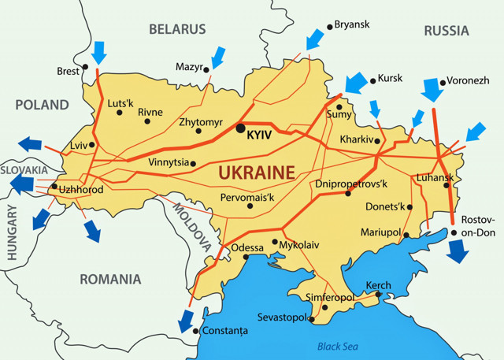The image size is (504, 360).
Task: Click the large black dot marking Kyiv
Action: tap(240, 128)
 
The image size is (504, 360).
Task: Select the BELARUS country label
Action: tap(177, 29)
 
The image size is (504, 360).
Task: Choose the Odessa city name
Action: tap(248, 247)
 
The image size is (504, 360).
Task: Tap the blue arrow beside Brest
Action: tap(99, 53)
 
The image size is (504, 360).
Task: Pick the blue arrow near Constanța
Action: tap(186, 320)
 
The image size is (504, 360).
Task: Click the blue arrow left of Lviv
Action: tap(31, 143)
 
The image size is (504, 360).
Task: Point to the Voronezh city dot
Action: tap(443, 81)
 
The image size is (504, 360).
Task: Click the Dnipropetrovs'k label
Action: tap(352, 184)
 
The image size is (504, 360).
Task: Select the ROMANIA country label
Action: tap(109, 279)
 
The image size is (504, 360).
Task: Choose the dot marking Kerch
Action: tap(379, 295)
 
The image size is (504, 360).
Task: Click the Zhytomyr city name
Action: tap(202, 123)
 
